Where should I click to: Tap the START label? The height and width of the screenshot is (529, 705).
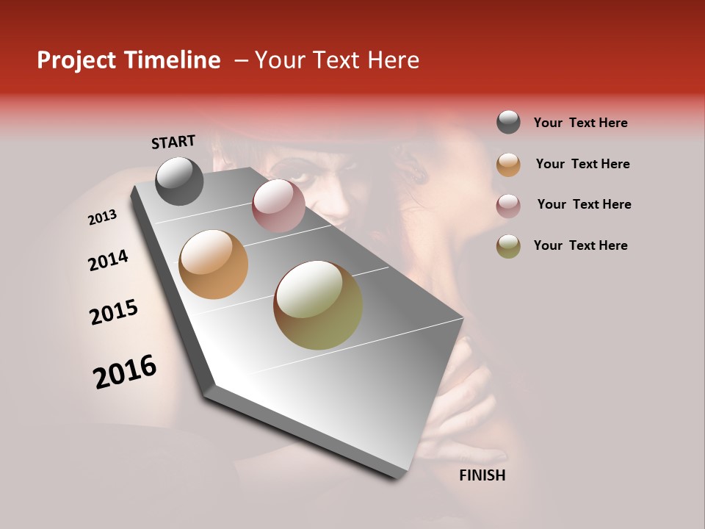tap(173, 142)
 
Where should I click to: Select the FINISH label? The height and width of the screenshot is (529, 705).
tap(482, 475)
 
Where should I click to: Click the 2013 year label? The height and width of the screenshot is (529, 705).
tap(102, 217)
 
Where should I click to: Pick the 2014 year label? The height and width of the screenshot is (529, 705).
tap(108, 261)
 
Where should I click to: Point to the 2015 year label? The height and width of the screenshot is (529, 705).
tap(114, 312)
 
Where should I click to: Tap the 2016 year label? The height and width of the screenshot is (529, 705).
tap(125, 372)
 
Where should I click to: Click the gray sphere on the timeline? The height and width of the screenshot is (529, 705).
tap(179, 181)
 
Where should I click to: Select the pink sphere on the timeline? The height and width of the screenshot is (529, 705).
tap(278, 206)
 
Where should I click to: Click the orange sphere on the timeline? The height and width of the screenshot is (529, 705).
tap(214, 264)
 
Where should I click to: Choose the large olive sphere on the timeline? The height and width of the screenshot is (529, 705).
tap(318, 305)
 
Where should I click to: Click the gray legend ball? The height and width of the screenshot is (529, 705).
tap(508, 123)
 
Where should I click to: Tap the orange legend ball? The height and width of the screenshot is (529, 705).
tap(508, 165)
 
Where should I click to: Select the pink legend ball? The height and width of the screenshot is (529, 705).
tap(508, 206)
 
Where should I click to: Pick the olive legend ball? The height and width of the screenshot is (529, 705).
tap(508, 246)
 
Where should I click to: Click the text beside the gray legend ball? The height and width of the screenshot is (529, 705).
tap(580, 123)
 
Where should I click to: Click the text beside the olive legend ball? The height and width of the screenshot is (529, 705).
tap(580, 245)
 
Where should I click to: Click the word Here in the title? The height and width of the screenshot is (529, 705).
tap(394, 60)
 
